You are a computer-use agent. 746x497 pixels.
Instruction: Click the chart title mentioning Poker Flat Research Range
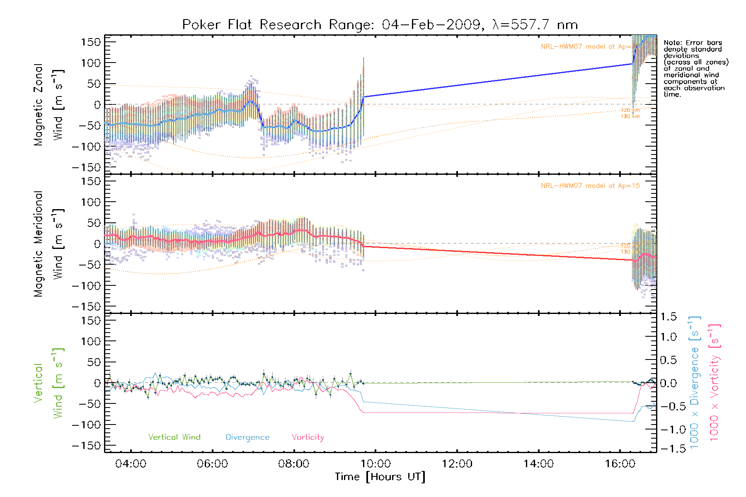(x=380, y=25)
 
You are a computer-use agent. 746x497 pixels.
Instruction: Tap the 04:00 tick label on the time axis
(x=131, y=464)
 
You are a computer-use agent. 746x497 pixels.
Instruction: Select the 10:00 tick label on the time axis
(x=375, y=464)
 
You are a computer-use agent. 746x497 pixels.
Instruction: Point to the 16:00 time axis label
(x=620, y=464)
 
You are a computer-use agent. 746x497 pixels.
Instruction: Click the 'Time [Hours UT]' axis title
(x=380, y=477)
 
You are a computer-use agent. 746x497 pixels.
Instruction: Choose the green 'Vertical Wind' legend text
(x=174, y=437)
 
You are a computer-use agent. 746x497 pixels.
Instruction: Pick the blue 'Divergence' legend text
(x=247, y=437)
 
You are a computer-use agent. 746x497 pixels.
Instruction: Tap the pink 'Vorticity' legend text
(x=308, y=437)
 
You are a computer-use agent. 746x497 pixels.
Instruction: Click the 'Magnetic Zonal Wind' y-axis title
(x=48, y=105)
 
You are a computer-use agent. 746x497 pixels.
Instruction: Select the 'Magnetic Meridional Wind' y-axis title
(x=48, y=244)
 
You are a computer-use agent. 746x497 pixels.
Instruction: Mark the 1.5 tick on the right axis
(x=668, y=317)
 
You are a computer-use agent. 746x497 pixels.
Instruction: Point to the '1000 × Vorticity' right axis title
(x=715, y=382)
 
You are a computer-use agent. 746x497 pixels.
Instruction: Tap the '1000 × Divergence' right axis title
(x=695, y=382)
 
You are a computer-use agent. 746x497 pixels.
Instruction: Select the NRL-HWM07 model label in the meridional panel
(x=590, y=186)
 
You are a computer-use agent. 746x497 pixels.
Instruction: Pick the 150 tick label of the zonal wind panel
(x=91, y=42)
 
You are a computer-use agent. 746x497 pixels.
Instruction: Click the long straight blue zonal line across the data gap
(x=497, y=80)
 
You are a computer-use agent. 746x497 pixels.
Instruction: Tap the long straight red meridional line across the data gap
(x=497, y=253)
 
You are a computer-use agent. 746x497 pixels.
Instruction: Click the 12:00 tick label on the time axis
(x=457, y=464)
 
